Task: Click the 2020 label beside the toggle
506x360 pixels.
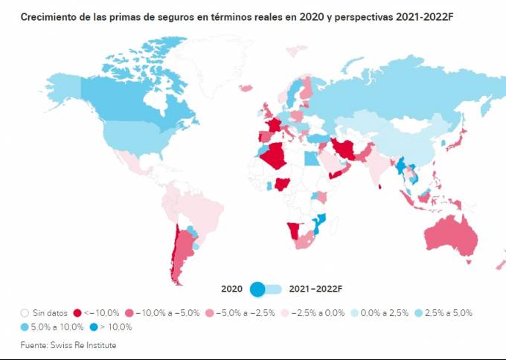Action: point(231,289)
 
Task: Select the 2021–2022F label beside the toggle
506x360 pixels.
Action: point(316,289)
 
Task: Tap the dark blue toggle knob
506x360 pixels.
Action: point(258,289)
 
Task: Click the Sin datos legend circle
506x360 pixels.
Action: point(25,313)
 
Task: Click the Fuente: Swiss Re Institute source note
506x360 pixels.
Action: point(68,345)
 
